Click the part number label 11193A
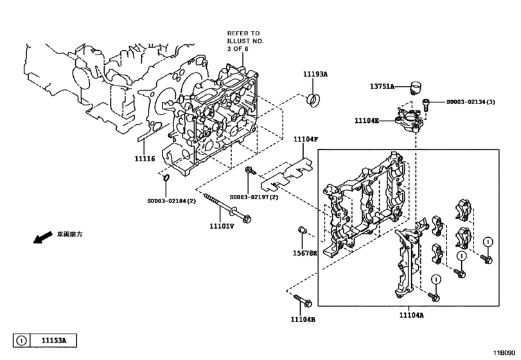point(315,75)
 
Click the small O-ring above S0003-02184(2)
point(166,177)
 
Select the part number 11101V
point(221,226)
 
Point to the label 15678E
point(305,253)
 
